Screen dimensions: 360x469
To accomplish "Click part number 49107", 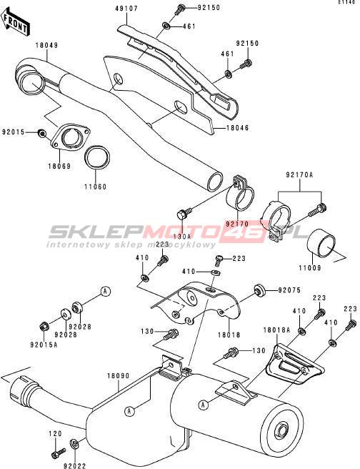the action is [126, 9].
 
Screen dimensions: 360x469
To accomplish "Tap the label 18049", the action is [47, 46].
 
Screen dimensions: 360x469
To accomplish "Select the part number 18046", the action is [238, 128].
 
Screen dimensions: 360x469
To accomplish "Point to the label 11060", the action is [95, 187].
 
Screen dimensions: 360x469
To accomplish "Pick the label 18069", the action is [60, 166].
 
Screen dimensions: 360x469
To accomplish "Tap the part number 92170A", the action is [299, 175].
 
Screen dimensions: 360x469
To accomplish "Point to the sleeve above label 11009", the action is [321, 245].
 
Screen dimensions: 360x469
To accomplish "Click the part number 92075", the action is [289, 290].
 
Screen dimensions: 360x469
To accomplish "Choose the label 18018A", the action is [276, 330].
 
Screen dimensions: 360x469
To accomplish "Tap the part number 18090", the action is [119, 375].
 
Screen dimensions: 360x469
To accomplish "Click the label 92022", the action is [75, 465].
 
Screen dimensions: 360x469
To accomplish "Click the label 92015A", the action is [44, 345].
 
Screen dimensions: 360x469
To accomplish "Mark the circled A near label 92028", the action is [105, 291].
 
